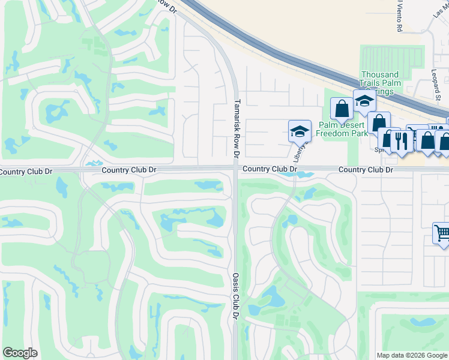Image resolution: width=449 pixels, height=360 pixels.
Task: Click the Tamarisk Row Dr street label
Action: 237,129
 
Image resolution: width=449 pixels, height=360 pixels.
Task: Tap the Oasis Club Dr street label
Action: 236,297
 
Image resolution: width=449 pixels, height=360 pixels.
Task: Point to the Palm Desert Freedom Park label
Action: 343,129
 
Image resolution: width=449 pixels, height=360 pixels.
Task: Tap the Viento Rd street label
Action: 399,15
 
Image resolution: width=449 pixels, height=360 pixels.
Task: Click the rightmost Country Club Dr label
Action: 365,170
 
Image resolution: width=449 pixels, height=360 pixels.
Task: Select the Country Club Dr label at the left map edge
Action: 26,172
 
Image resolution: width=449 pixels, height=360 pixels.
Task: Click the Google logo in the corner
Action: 20,353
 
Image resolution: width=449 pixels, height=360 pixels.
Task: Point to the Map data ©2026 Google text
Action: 411,355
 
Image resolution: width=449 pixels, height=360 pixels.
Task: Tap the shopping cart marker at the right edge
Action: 442,232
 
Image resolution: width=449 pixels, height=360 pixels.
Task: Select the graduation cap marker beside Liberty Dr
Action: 299,130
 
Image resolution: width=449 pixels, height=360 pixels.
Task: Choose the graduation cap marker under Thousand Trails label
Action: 364,100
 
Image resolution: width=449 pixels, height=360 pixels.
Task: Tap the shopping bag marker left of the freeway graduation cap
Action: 342,109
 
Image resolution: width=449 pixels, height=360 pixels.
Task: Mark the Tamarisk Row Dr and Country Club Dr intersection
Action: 234,170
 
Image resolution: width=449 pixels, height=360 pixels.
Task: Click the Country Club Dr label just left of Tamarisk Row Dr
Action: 128,170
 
